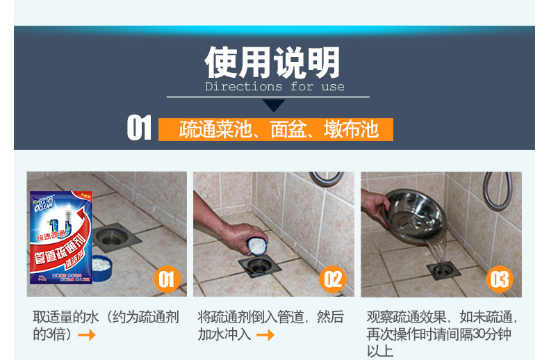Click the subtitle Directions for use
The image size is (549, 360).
pyautogui.click(x=274, y=87)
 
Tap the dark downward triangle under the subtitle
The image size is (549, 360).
pyautogui.click(x=274, y=106)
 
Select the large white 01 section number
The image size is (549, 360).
pyautogui.click(x=139, y=129)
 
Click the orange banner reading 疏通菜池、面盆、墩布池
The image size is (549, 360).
pyautogui.click(x=276, y=130)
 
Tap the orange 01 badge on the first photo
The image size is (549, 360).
pyautogui.click(x=165, y=279)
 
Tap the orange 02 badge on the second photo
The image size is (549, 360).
pyautogui.click(x=334, y=279)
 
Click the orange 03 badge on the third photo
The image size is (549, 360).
pyautogui.click(x=500, y=279)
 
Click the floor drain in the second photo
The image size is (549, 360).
pyautogui.click(x=256, y=267)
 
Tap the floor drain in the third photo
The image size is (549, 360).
pyautogui.click(x=443, y=270)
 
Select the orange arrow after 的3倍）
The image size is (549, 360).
pyautogui.click(x=87, y=335)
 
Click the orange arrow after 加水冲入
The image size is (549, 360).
pyautogui.click(x=265, y=335)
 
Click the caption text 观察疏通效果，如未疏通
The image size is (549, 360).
pyautogui.click(x=443, y=318)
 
